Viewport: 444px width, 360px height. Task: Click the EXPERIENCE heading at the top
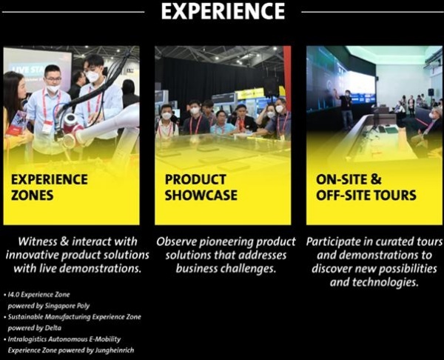[223, 11]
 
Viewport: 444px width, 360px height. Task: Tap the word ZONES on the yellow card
[33, 196]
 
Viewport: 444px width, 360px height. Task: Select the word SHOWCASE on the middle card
[201, 196]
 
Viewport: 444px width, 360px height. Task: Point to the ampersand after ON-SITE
[375, 179]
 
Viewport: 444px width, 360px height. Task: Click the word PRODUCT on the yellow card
[195, 179]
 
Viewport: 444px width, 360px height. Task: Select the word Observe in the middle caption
[177, 241]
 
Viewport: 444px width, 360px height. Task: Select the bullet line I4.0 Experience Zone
[38, 295]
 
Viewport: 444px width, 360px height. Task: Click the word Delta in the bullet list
[53, 328]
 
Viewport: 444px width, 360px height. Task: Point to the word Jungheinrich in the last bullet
[115, 350]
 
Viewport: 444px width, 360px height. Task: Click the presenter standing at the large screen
[346, 108]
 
